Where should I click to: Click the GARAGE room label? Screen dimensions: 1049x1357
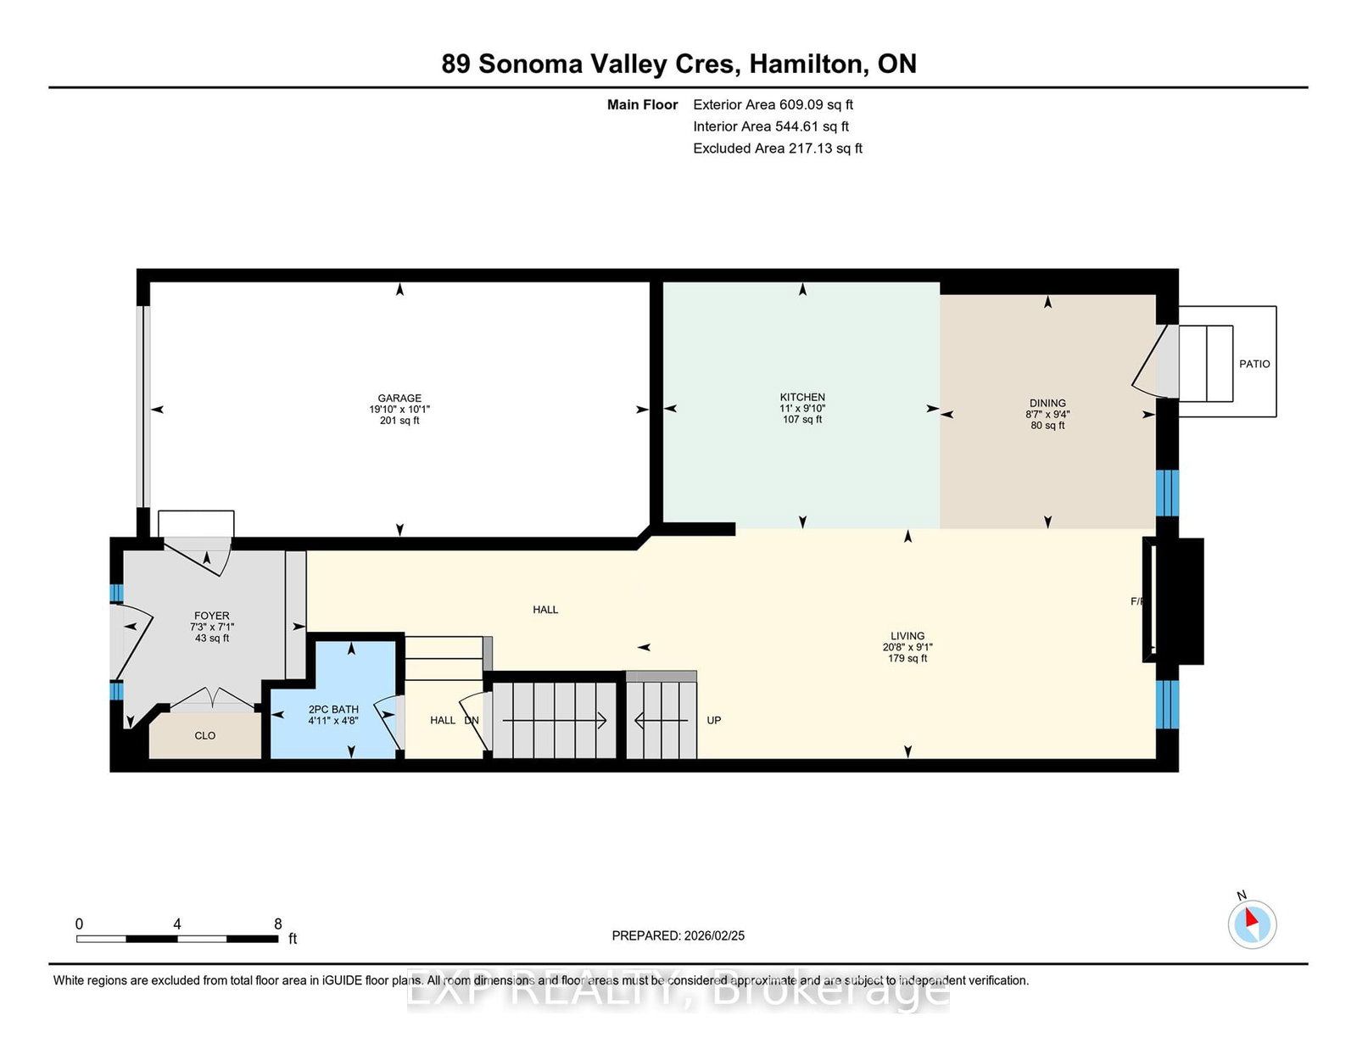tap(399, 398)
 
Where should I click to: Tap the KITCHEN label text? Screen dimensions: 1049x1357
tap(802, 397)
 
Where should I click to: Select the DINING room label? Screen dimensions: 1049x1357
tap(1047, 404)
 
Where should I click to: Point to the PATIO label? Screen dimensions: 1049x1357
tap(1254, 364)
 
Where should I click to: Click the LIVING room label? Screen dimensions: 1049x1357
tap(907, 636)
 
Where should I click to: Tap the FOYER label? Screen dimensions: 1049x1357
tap(211, 617)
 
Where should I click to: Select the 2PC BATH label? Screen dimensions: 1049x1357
tap(333, 710)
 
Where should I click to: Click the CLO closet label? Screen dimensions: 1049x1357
tap(205, 736)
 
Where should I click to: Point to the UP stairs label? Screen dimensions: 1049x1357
tap(714, 721)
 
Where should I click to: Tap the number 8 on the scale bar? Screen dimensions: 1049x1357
tap(277, 924)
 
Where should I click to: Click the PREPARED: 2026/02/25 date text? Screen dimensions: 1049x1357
tap(678, 936)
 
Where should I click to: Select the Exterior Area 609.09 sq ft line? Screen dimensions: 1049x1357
tap(773, 105)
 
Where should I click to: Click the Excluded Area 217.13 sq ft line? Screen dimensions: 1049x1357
tap(778, 148)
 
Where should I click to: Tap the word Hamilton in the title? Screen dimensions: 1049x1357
tap(805, 64)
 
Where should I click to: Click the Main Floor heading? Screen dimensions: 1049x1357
tap(642, 105)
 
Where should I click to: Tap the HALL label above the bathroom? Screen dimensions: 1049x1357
tap(545, 610)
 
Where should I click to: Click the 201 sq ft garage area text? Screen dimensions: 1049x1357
tap(399, 421)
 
